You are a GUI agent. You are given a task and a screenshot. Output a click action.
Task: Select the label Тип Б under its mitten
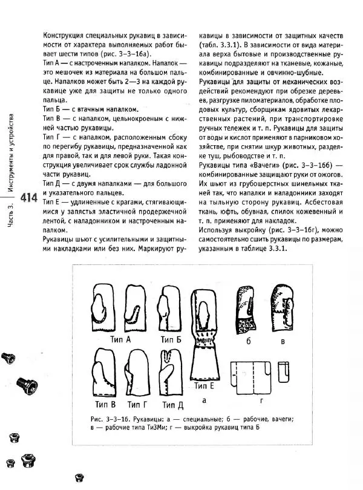pyautogui.click(x=171, y=339)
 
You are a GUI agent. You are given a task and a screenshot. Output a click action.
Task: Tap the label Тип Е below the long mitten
pyautogui.click(x=203, y=385)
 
